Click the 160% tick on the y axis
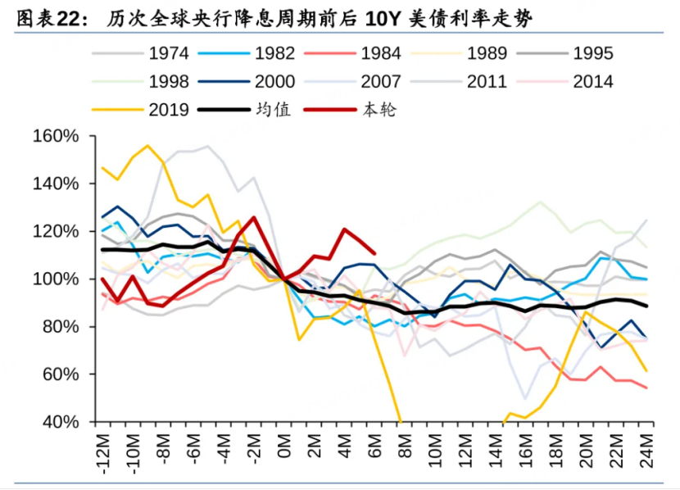[56, 136]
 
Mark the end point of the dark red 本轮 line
[375, 253]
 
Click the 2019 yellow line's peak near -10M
[147, 147]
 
